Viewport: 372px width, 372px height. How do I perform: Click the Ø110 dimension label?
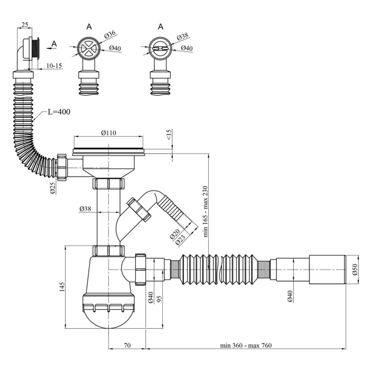pos(108,133)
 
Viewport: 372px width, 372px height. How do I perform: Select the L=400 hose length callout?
pos(59,112)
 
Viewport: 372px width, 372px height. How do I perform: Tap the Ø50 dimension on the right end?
pos(355,270)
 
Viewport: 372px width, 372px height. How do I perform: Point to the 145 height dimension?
pos(62,287)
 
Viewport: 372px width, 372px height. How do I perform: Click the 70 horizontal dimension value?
pos(127,345)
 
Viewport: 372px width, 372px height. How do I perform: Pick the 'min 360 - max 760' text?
pos(246,346)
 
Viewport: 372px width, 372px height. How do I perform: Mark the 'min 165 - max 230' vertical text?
pos(205,211)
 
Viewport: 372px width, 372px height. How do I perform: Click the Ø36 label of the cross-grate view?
pos(110,34)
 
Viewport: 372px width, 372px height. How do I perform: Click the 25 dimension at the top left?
pos(24,24)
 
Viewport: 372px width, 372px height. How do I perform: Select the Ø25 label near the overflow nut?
pos(53,188)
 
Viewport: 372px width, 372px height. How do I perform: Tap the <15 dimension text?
pos(169,135)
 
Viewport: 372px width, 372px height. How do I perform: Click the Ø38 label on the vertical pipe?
pos(85,209)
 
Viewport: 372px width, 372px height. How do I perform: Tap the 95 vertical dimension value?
pos(159,298)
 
